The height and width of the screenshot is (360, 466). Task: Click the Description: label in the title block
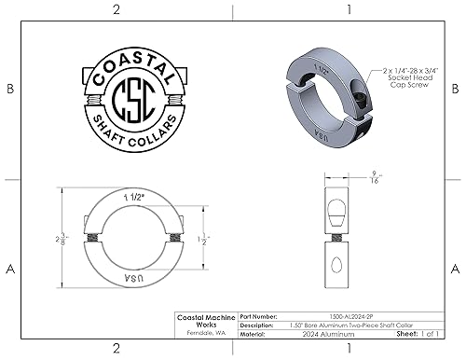pyautogui.click(x=258, y=325)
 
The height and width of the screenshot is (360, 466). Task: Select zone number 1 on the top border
pyautogui.click(x=347, y=10)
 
